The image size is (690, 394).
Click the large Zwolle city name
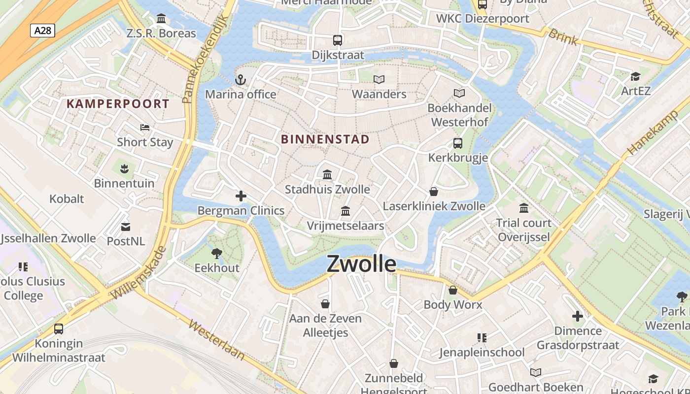click(x=361, y=264)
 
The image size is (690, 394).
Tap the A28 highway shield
click(x=42, y=31)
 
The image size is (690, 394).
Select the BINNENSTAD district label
click(x=325, y=139)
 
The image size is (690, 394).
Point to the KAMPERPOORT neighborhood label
click(x=118, y=104)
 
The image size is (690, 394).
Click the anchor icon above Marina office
click(x=241, y=80)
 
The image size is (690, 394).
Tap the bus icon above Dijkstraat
click(x=338, y=40)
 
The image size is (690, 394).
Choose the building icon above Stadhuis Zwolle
click(x=327, y=175)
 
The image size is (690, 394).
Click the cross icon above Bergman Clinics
click(x=241, y=197)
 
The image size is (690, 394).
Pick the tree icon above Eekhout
click(x=216, y=254)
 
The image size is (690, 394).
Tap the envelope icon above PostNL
click(x=126, y=227)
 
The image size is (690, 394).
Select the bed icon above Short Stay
click(x=145, y=128)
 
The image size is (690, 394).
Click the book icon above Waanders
click(x=379, y=79)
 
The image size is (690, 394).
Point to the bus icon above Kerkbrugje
click(x=458, y=143)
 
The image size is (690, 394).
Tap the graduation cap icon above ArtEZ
click(x=635, y=76)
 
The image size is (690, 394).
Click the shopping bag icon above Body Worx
click(x=453, y=290)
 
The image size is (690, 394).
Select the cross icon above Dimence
click(x=578, y=316)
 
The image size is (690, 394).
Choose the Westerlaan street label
click(x=216, y=341)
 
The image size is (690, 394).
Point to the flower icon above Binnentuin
click(x=124, y=169)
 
